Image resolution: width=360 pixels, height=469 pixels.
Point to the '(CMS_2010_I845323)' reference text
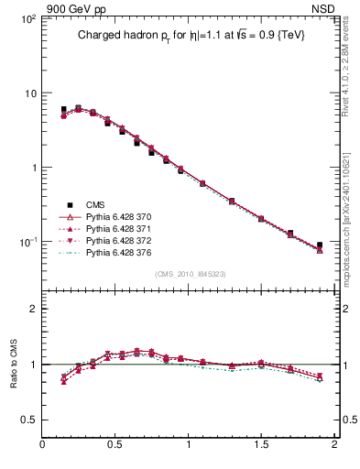tap(187, 273)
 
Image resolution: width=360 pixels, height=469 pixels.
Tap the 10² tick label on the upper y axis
tap(27, 19)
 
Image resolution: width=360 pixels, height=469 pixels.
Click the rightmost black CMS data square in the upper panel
tap(320, 245)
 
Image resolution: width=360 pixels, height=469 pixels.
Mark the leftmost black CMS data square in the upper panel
tap(63, 109)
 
